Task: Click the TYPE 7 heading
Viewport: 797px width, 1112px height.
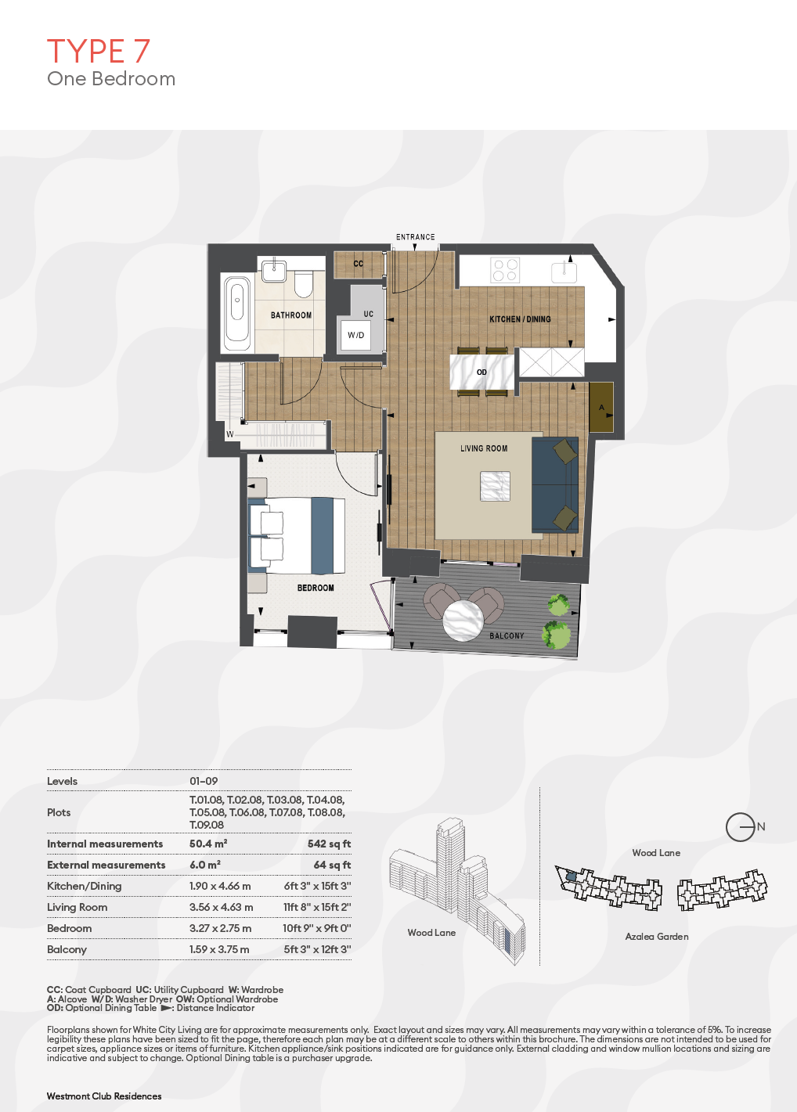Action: click(x=99, y=51)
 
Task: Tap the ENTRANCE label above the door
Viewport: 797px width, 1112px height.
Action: click(x=415, y=237)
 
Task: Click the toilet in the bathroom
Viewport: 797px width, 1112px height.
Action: click(x=303, y=283)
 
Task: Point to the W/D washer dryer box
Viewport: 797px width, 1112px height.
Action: click(x=355, y=335)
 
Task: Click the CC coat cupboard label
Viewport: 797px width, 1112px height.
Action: click(x=358, y=264)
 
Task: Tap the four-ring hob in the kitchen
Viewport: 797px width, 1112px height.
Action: click(x=505, y=269)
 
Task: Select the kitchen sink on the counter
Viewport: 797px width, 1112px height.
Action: click(x=564, y=272)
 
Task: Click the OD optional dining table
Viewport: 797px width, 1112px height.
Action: click(x=481, y=372)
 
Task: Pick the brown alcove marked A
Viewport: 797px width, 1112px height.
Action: click(x=601, y=407)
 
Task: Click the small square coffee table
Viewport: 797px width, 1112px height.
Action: click(x=495, y=486)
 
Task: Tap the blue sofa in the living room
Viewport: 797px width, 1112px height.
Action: click(x=555, y=484)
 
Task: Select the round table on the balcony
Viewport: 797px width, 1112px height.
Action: click(x=463, y=621)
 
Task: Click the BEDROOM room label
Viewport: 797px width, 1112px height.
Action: click(x=316, y=588)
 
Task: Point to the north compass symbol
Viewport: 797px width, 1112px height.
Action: click(x=741, y=827)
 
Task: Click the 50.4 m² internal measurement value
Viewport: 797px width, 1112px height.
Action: click(x=208, y=844)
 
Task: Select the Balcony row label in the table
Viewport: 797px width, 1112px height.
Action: click(x=67, y=949)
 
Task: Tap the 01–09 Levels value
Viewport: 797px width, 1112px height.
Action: click(x=204, y=781)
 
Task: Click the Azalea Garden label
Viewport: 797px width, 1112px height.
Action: click(x=657, y=936)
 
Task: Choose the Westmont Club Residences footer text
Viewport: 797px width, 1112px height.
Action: click(x=104, y=1096)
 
